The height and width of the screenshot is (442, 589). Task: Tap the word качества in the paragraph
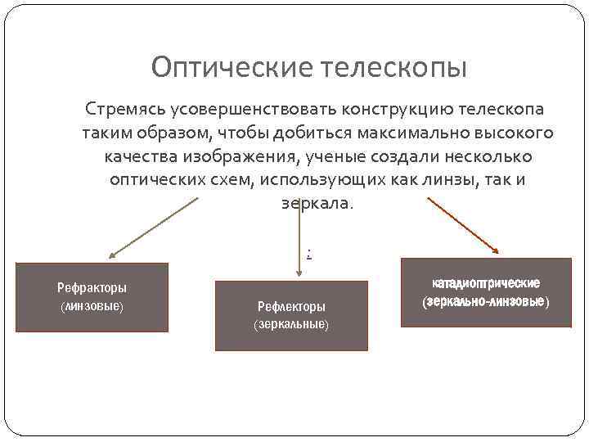point(142,156)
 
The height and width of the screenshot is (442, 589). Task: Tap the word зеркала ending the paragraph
point(314,202)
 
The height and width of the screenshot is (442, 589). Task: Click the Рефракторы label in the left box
point(92,288)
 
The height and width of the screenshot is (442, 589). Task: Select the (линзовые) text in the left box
point(92,305)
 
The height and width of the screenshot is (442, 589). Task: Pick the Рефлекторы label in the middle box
point(291,306)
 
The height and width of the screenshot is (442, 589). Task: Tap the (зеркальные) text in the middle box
point(291,324)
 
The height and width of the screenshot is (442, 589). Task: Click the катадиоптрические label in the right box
point(486,284)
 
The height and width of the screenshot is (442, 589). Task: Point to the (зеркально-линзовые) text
point(486,302)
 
